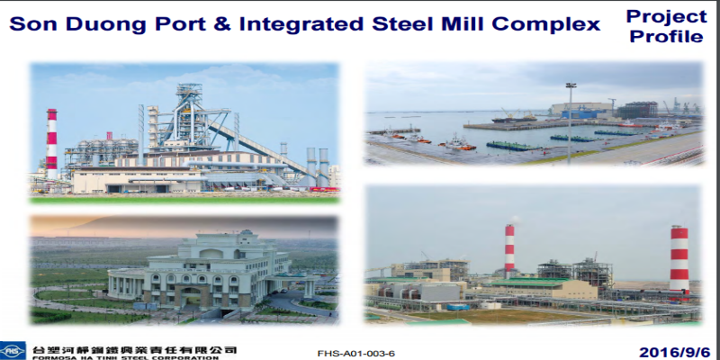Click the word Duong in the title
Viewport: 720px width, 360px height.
106,24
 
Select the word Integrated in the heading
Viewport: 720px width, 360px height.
301,24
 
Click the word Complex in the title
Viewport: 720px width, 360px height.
546,24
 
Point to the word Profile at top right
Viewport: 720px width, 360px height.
666,36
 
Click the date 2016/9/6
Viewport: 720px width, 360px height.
674,352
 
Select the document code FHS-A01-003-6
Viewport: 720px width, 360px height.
355,354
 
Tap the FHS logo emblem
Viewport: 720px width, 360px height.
13,351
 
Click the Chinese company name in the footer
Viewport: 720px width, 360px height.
134,350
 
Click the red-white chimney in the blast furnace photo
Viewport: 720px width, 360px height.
52,144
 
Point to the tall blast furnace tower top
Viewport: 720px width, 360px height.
189,93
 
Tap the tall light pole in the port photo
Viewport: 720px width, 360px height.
571,123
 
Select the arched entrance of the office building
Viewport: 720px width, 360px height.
191,297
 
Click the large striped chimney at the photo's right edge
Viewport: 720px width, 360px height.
679,263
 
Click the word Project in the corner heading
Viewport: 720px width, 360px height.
666,16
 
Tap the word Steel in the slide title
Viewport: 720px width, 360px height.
402,24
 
